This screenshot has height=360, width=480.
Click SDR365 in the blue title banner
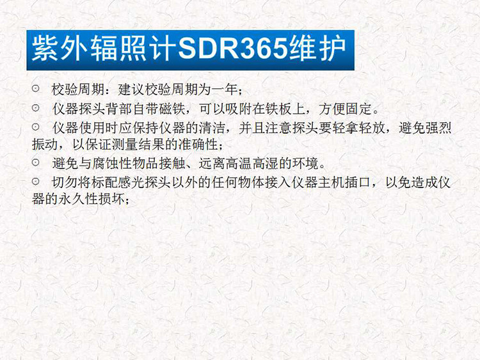pyautogui.click(x=233, y=49)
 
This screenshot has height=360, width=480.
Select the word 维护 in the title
pyautogui.click(x=317, y=49)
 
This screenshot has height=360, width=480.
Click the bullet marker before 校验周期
pyautogui.click(x=35, y=89)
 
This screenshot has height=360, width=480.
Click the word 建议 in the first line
pyautogui.click(x=131, y=90)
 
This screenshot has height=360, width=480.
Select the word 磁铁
pyautogui.click(x=172, y=109)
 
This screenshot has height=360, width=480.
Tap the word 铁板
pyautogui.click(x=278, y=109)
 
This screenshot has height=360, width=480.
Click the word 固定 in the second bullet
pyautogui.click(x=358, y=109)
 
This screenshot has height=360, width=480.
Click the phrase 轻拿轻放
pyautogui.click(x=359, y=128)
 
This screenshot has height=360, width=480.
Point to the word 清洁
pyautogui.click(x=212, y=128)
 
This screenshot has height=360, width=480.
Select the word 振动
pyautogui.click(x=45, y=145)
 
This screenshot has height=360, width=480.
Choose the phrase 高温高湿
pyautogui.click(x=252, y=164)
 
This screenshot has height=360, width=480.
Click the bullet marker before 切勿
pyautogui.click(x=35, y=182)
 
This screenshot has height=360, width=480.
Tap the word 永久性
pyautogui.click(x=78, y=200)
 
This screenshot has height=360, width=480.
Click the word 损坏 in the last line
pyautogui.click(x=112, y=200)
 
